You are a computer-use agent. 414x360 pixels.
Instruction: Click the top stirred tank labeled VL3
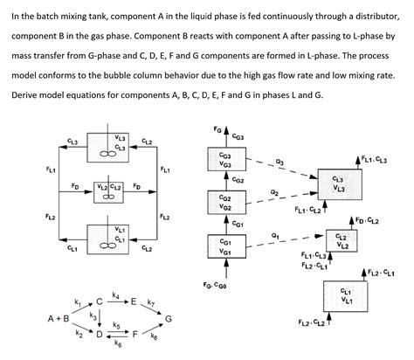click(x=109, y=144)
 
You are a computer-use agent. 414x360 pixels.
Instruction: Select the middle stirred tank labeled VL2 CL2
click(x=109, y=190)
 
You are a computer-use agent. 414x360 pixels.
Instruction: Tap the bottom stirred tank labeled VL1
click(x=109, y=237)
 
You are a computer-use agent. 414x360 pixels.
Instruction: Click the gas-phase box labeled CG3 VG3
click(x=225, y=160)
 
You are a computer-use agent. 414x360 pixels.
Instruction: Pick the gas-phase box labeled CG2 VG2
click(x=225, y=203)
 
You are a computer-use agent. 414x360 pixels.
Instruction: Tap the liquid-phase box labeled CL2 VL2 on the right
click(x=342, y=241)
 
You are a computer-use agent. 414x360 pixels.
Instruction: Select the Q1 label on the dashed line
click(x=275, y=234)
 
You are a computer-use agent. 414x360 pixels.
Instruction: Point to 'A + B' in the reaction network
click(x=59, y=319)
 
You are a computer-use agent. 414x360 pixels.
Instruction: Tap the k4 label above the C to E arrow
click(x=116, y=296)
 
